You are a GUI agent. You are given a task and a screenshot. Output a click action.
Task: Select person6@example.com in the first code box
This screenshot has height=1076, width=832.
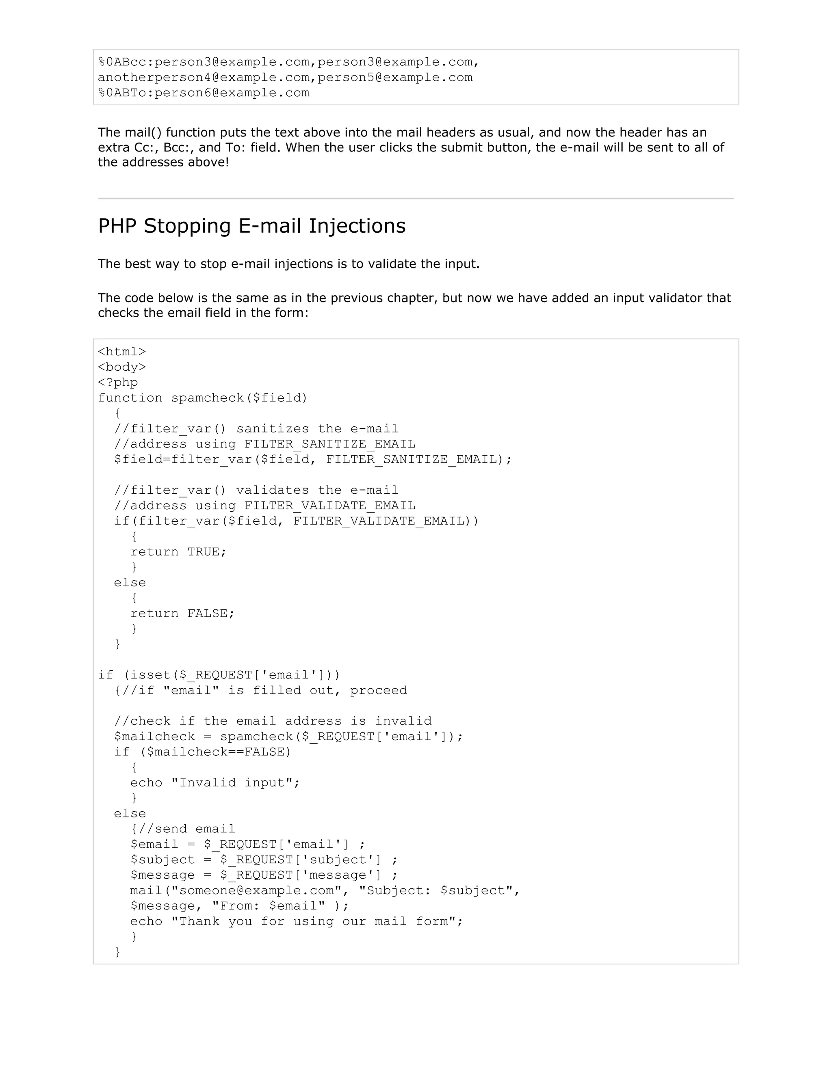232,93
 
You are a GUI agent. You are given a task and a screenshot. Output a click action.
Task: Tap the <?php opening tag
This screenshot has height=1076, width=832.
118,382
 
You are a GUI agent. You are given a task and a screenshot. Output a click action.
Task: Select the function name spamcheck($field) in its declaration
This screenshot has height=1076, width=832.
239,398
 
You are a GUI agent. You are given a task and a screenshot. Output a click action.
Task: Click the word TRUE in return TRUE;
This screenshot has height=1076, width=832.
203,552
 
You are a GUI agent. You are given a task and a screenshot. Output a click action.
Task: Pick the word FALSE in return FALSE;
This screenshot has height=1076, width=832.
207,614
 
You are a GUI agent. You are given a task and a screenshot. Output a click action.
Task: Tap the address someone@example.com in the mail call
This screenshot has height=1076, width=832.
256,891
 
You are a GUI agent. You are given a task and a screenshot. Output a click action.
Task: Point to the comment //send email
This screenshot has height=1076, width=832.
187,829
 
